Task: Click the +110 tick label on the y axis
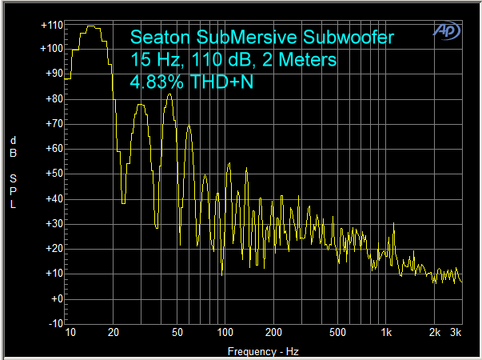point(51,26)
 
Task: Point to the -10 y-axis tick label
point(53,323)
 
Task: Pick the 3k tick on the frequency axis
point(456,332)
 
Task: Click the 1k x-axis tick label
point(386,332)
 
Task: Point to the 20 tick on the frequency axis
point(114,332)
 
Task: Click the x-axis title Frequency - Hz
point(262,350)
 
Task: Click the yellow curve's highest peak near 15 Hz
point(91,26)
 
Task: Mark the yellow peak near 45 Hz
point(169,94)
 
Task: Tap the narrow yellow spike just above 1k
point(393,224)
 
